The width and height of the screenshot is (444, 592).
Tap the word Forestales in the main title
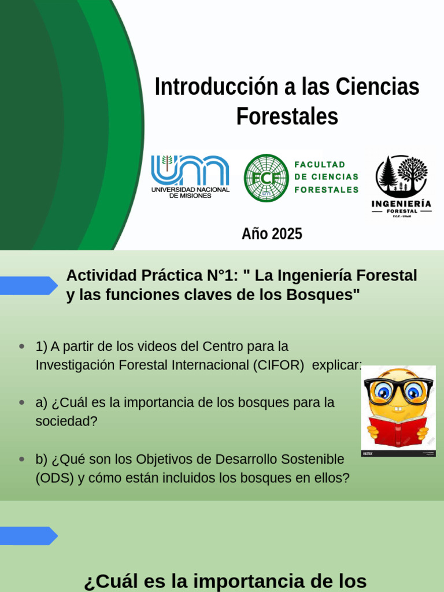pyautogui.click(x=287, y=116)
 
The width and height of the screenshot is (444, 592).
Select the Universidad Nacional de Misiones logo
pyautogui.click(x=190, y=176)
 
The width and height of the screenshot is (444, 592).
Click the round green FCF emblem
pyautogui.click(x=266, y=177)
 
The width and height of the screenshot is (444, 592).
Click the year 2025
pyautogui.click(x=287, y=234)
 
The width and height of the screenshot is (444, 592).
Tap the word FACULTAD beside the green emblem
pyautogui.click(x=320, y=165)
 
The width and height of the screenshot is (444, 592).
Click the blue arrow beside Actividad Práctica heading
pyautogui.click(x=29, y=285)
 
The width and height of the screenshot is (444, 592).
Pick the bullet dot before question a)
pyautogui.click(x=22, y=402)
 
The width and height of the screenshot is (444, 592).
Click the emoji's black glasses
pyautogui.click(x=398, y=390)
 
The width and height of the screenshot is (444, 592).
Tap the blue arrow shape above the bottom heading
pyautogui.click(x=29, y=535)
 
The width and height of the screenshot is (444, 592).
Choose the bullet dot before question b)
pyautogui.click(x=22, y=459)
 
